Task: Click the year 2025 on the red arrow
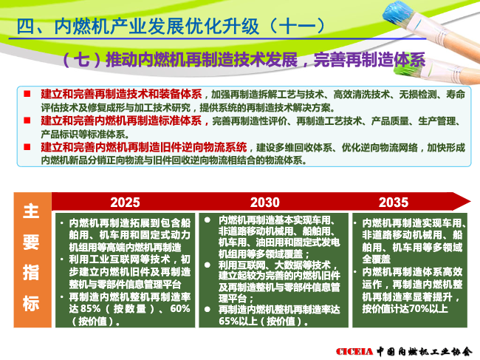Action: pos(125,203)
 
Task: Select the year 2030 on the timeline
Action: pos(265,203)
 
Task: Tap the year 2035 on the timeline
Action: pos(394,203)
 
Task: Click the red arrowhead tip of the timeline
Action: pos(470,202)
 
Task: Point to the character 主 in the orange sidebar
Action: pos(31,211)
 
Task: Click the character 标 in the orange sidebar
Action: pos(31,303)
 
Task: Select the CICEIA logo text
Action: pos(354,351)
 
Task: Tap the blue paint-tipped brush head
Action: pos(398,14)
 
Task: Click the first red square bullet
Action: pos(27,93)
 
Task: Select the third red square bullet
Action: pos(27,147)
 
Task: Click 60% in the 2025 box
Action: pos(180,308)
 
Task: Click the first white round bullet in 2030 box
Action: pos(208,220)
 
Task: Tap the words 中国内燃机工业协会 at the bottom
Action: pos(425,351)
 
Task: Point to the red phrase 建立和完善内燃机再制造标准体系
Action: pos(121,120)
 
